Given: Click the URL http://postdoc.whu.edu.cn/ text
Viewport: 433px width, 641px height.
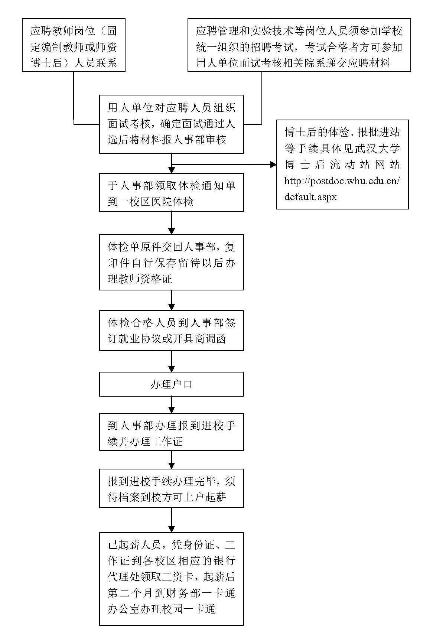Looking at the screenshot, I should pyautogui.click(x=342, y=181).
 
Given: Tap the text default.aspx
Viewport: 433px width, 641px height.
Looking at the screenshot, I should pyautogui.click(x=310, y=196).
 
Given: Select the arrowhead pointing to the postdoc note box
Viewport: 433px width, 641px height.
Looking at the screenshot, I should pyautogui.click(x=273, y=164).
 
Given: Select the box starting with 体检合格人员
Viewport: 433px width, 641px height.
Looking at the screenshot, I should pyautogui.click(x=171, y=331).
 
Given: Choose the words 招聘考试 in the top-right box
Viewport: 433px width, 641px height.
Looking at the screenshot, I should pyautogui.click(x=277, y=47).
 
